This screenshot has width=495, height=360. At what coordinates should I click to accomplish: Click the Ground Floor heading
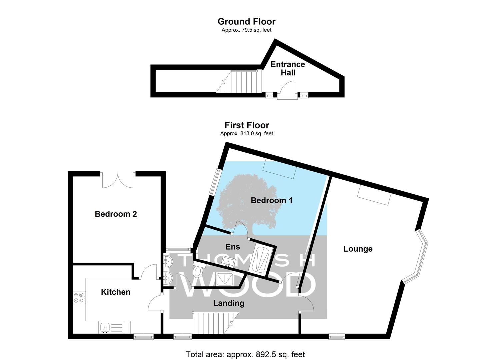click(x=246, y=22)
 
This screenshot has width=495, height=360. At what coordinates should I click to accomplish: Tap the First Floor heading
click(x=247, y=125)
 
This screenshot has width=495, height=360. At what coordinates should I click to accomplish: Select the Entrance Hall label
click(x=288, y=69)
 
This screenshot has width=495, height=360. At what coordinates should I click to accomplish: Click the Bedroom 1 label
click(x=272, y=200)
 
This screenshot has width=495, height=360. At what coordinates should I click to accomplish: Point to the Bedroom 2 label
click(x=116, y=214)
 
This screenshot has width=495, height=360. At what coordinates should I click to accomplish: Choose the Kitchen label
click(x=116, y=292)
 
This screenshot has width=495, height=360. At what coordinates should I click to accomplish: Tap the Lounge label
click(x=358, y=249)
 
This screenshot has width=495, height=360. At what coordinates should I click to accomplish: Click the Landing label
click(x=229, y=303)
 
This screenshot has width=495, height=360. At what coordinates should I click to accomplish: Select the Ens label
click(x=233, y=247)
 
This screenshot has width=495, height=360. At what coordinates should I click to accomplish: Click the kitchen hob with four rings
click(x=79, y=297)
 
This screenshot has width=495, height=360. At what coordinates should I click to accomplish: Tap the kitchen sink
click(x=105, y=327)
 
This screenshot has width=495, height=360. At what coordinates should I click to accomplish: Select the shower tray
click(x=225, y=279)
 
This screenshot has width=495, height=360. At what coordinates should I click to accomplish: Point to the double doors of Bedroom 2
click(x=118, y=180)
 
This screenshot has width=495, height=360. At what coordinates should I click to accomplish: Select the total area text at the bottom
click(x=245, y=354)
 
